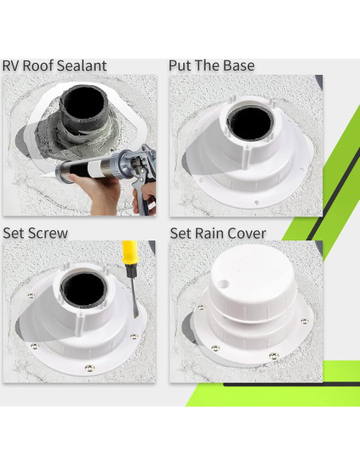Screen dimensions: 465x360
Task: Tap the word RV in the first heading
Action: (12, 65)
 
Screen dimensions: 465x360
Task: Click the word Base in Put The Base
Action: (237, 65)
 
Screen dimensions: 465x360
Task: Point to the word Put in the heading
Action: (181, 65)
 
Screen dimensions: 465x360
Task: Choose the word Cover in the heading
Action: (248, 233)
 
